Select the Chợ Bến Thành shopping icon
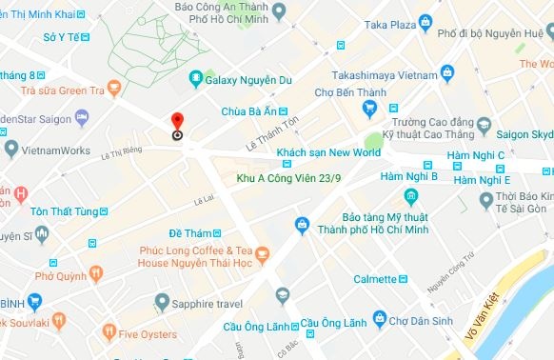click(x=369, y=110)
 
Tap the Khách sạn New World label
click(x=327, y=152)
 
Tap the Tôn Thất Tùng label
click(x=60, y=211)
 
